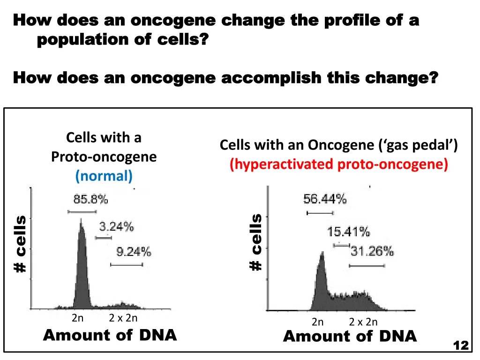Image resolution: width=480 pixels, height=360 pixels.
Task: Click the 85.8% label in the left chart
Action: [90, 200]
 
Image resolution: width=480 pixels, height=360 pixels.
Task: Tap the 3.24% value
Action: [116, 227]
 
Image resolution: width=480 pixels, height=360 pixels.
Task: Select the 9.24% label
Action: [134, 252]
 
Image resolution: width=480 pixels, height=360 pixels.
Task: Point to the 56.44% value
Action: [325, 199]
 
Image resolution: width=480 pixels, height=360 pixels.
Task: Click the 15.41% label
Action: [348, 232]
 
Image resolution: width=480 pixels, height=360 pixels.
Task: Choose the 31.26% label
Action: [372, 251]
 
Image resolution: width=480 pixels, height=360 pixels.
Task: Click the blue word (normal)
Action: [104, 176]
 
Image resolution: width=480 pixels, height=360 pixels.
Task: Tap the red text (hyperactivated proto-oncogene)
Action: [339, 165]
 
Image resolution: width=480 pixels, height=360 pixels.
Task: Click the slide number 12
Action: [461, 345]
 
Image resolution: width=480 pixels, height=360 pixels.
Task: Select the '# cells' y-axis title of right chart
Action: [256, 242]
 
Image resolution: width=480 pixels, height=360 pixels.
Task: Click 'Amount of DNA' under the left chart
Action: [110, 335]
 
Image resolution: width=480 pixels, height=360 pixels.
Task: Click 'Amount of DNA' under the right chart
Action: [350, 336]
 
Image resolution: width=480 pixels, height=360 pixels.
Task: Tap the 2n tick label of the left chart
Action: [78, 318]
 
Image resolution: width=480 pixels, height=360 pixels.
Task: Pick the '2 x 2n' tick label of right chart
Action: [363, 322]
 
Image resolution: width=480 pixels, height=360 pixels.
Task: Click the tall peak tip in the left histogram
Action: [81, 220]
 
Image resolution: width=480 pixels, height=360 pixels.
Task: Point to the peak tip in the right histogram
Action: [322, 253]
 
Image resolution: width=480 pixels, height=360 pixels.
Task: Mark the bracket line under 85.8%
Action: [82, 211]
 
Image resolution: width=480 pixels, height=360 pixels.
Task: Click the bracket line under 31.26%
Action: [367, 266]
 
